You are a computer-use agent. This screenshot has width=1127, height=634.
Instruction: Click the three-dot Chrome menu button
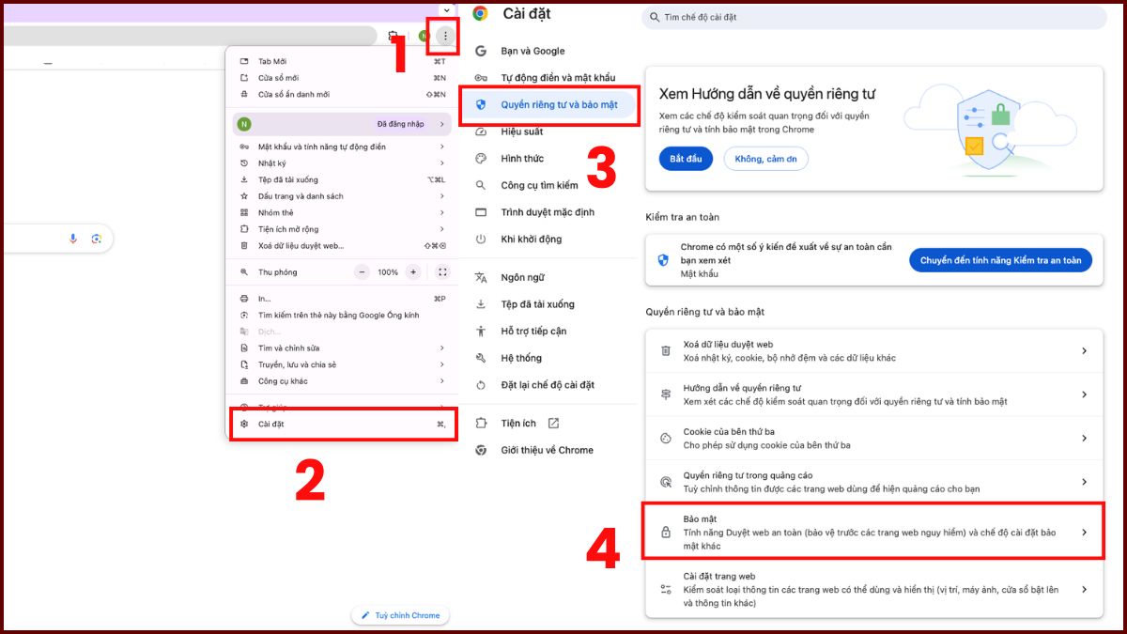coord(445,36)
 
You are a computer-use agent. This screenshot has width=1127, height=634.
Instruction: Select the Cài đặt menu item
coord(271,424)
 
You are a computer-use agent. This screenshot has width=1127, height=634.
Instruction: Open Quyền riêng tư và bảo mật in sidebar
coord(559,105)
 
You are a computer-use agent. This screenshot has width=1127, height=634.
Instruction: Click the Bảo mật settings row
coord(873,532)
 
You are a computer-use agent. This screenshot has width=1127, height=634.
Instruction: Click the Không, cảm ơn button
coord(765,159)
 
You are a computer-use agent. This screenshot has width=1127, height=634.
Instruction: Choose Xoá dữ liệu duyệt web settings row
coord(873,350)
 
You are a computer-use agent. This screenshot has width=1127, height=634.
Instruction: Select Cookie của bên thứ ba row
coord(873,438)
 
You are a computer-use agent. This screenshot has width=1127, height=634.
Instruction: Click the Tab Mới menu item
coord(272,61)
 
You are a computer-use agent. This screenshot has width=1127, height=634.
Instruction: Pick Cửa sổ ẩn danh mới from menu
coord(293,94)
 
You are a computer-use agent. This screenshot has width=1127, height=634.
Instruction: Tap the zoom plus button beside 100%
coord(412,271)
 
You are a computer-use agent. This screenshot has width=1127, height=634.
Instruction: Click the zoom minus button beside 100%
coord(363,271)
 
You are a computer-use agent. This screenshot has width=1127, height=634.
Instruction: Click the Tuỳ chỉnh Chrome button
coord(401,615)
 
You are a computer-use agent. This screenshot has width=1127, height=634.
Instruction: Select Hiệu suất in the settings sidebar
coord(522,131)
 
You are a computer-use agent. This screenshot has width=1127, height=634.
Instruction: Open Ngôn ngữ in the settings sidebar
coord(522,277)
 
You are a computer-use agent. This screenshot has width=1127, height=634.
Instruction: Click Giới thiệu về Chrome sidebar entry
coord(547,450)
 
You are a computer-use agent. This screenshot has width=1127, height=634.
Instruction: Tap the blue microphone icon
coord(73,239)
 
